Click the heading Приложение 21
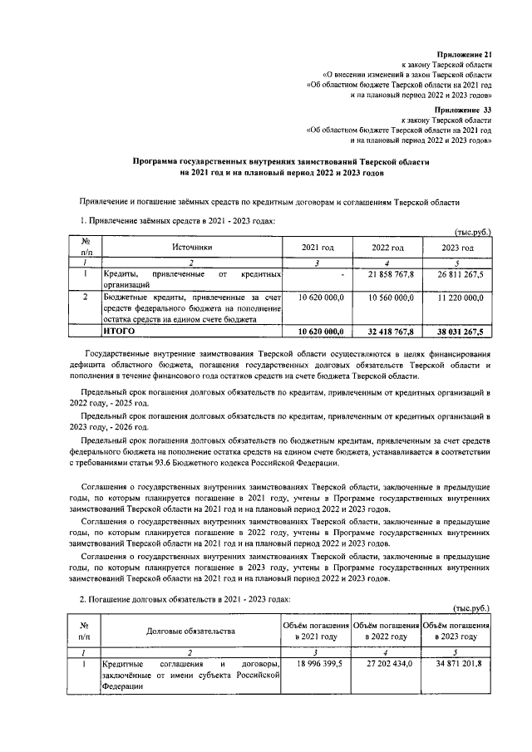pyautogui.click(x=466, y=54)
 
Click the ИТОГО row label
pyautogui.click(x=119, y=331)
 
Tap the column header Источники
pyautogui.click(x=193, y=247)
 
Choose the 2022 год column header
pyautogui.click(x=387, y=248)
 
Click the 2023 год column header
pyautogui.click(x=457, y=248)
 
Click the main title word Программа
pyautogui.click(x=162, y=161)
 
